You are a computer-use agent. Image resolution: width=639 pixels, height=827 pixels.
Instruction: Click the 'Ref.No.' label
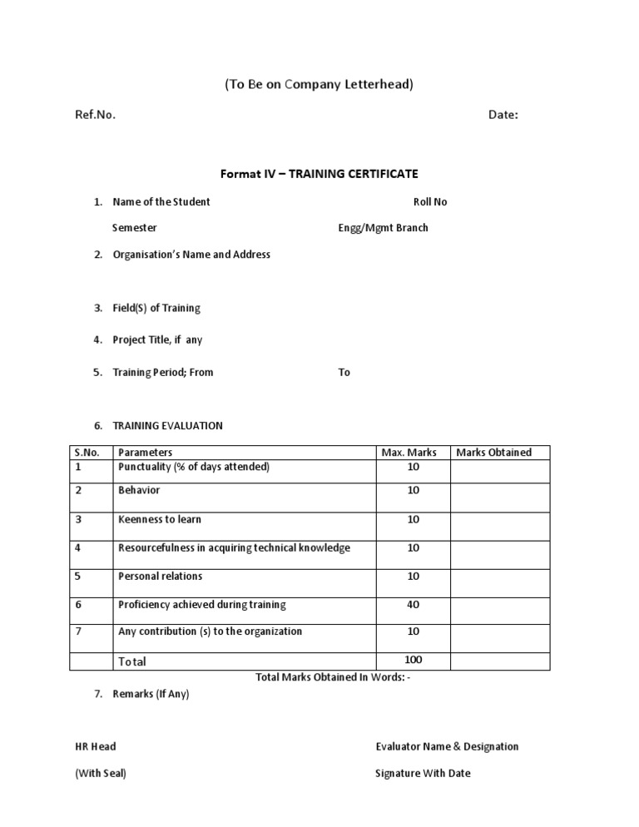point(96,115)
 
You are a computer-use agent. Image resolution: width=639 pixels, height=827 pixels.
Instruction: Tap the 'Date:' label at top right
point(503,115)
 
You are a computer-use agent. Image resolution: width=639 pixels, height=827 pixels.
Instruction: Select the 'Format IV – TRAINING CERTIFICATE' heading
point(319,174)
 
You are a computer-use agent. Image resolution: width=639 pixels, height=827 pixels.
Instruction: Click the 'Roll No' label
point(430,202)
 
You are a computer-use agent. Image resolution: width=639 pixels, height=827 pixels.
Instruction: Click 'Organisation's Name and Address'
point(191,255)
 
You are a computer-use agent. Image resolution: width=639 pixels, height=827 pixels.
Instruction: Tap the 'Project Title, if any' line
point(157,339)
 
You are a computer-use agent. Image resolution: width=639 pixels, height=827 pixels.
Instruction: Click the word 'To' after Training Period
point(344,373)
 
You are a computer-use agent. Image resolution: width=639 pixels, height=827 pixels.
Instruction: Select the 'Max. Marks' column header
point(409,453)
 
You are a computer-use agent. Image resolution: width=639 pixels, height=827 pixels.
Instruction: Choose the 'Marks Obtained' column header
point(493,453)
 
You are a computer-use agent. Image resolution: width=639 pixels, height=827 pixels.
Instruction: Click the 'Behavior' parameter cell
point(139,491)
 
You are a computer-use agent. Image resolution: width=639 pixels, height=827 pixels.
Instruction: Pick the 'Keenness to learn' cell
point(160,520)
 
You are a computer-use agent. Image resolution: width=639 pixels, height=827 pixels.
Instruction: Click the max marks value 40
point(414,605)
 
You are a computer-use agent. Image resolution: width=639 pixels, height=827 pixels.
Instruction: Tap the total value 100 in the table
point(414,660)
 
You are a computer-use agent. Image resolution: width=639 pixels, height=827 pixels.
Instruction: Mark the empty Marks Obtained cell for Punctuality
point(500,471)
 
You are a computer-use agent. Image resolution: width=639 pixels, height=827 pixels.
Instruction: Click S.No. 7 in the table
point(78,631)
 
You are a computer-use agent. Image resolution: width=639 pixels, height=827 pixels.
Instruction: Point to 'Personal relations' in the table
point(161,576)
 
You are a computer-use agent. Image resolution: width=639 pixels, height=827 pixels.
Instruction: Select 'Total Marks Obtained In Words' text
point(333,677)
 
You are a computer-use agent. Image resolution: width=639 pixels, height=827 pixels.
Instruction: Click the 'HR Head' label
point(96,746)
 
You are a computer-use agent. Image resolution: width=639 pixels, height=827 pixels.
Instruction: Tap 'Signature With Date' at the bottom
point(423,773)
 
